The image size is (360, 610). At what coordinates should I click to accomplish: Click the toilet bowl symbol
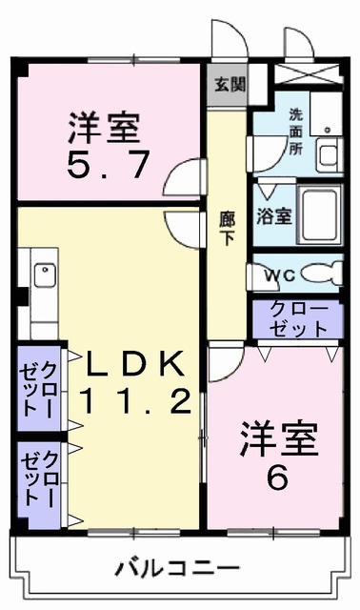[x=319, y=274]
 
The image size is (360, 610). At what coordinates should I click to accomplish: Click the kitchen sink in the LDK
[x=44, y=275]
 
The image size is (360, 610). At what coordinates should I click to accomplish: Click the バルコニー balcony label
[x=178, y=570]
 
